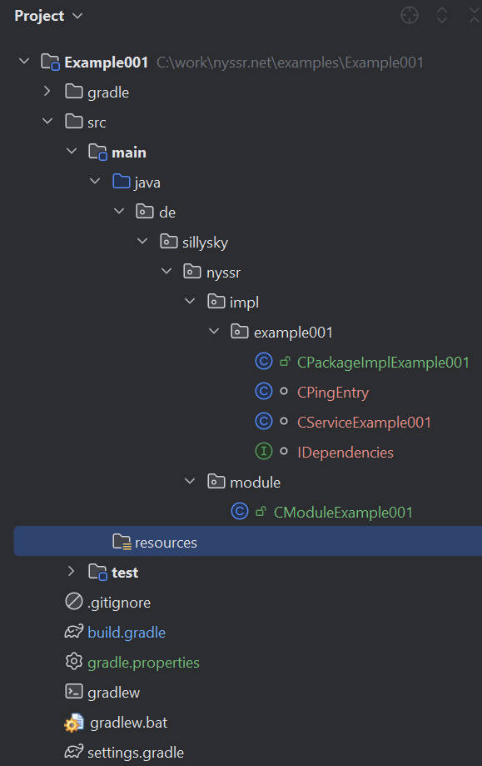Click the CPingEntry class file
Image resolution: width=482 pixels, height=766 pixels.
(333, 393)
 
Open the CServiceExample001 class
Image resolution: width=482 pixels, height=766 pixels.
(364, 422)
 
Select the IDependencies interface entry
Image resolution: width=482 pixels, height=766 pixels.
(345, 453)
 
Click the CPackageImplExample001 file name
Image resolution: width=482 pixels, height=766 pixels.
(383, 363)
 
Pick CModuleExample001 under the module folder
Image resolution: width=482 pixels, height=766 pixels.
(343, 513)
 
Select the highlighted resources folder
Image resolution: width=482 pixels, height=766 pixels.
(166, 543)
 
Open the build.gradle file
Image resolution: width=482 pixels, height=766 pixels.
(127, 633)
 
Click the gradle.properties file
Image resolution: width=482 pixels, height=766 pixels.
(143, 663)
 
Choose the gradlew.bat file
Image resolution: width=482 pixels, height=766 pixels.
(129, 723)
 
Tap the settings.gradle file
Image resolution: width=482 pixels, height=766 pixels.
(136, 753)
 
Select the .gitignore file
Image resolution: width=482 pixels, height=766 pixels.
(119, 603)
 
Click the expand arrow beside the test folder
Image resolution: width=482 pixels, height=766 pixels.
(72, 571)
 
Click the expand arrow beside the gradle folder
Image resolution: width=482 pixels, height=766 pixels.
(47, 91)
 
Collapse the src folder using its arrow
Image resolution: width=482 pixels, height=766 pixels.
(47, 121)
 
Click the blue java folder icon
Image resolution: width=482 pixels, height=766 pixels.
(122, 182)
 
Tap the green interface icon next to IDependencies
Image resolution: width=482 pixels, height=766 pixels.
(263, 452)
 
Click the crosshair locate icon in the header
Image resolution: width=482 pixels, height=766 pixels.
(410, 15)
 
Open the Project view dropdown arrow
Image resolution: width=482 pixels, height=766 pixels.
(77, 16)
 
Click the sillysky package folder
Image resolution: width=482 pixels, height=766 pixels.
(205, 243)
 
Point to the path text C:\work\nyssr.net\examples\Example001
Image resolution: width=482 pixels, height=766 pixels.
(290, 63)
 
